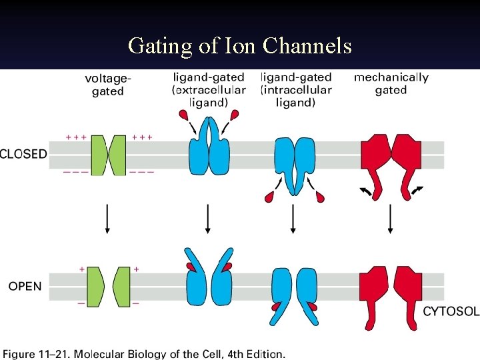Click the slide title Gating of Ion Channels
(x=239, y=45)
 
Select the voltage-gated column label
(x=108, y=85)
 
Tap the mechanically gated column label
(x=391, y=83)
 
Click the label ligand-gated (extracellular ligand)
(x=209, y=90)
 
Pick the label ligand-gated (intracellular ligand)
(x=295, y=90)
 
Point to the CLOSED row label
(x=24, y=154)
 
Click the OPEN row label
(x=25, y=287)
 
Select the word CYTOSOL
(x=451, y=311)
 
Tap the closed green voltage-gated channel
(x=108, y=155)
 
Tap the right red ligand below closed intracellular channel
(x=321, y=196)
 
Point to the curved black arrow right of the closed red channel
(x=417, y=191)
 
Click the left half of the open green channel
(x=95, y=287)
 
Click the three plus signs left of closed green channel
(x=76, y=137)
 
